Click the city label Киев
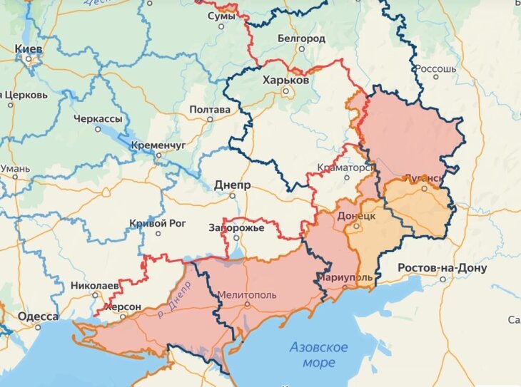[29, 48]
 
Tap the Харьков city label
[285, 81]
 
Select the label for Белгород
[301, 37]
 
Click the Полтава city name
[210, 110]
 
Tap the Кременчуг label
[158, 145]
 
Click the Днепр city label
[232, 185]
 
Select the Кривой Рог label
[158, 223]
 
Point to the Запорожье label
[237, 228]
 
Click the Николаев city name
[94, 285]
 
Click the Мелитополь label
[247, 294]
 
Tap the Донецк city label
[355, 215]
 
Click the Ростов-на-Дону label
[442, 268]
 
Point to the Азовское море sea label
[318, 355]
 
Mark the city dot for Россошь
[415, 68]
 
